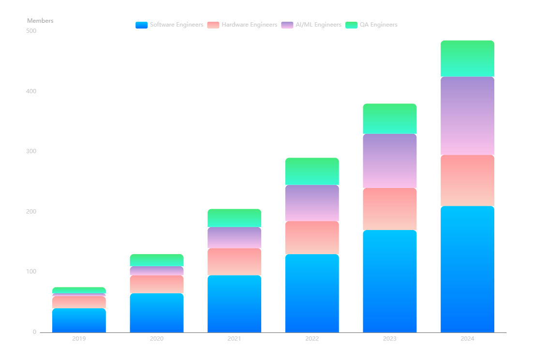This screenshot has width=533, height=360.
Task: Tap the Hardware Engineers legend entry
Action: click(242, 25)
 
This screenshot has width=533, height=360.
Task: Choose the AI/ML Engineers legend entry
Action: click(311, 25)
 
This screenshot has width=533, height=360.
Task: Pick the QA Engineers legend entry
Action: click(371, 25)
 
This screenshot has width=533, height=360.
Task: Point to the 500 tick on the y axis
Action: click(31, 31)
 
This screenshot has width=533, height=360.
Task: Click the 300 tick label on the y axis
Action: click(31, 152)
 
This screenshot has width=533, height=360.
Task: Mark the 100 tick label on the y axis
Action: click(31, 272)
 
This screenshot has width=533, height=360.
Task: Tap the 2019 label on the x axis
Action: click(79, 339)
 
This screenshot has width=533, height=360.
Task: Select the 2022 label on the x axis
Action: click(312, 339)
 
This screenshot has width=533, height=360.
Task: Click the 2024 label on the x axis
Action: click(467, 339)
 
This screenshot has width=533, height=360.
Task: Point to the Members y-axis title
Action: click(40, 21)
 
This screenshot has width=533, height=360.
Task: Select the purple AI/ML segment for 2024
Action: click(467, 116)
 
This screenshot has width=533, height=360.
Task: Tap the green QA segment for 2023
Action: click(389, 118)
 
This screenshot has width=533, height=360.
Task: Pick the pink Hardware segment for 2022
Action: click(312, 238)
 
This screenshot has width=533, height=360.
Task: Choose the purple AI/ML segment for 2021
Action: click(234, 238)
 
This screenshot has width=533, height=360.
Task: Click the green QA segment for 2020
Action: click(157, 260)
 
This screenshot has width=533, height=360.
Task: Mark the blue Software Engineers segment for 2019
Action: click(79, 320)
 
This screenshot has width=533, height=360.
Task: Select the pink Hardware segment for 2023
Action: click(389, 209)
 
